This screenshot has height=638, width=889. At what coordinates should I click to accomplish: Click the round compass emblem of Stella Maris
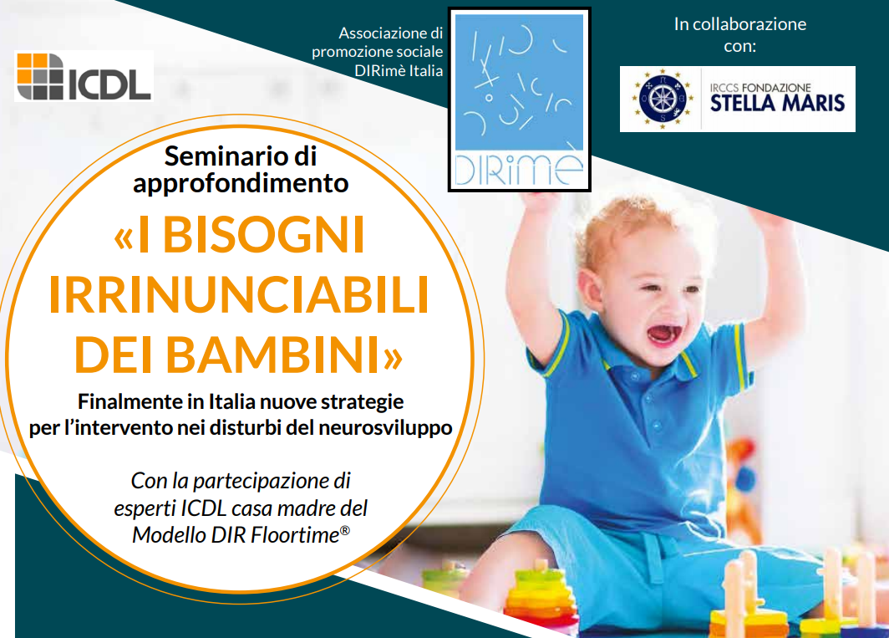click(662, 99)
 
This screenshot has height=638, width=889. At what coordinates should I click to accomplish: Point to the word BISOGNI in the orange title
click(263, 235)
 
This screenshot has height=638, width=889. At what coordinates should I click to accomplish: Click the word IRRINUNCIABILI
click(239, 295)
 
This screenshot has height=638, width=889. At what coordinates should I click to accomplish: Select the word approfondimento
click(241, 183)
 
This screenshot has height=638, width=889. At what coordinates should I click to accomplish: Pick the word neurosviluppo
click(385, 427)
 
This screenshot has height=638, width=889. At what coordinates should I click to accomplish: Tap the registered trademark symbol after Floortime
click(345, 530)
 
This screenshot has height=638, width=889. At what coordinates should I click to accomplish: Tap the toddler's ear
click(588, 288)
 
